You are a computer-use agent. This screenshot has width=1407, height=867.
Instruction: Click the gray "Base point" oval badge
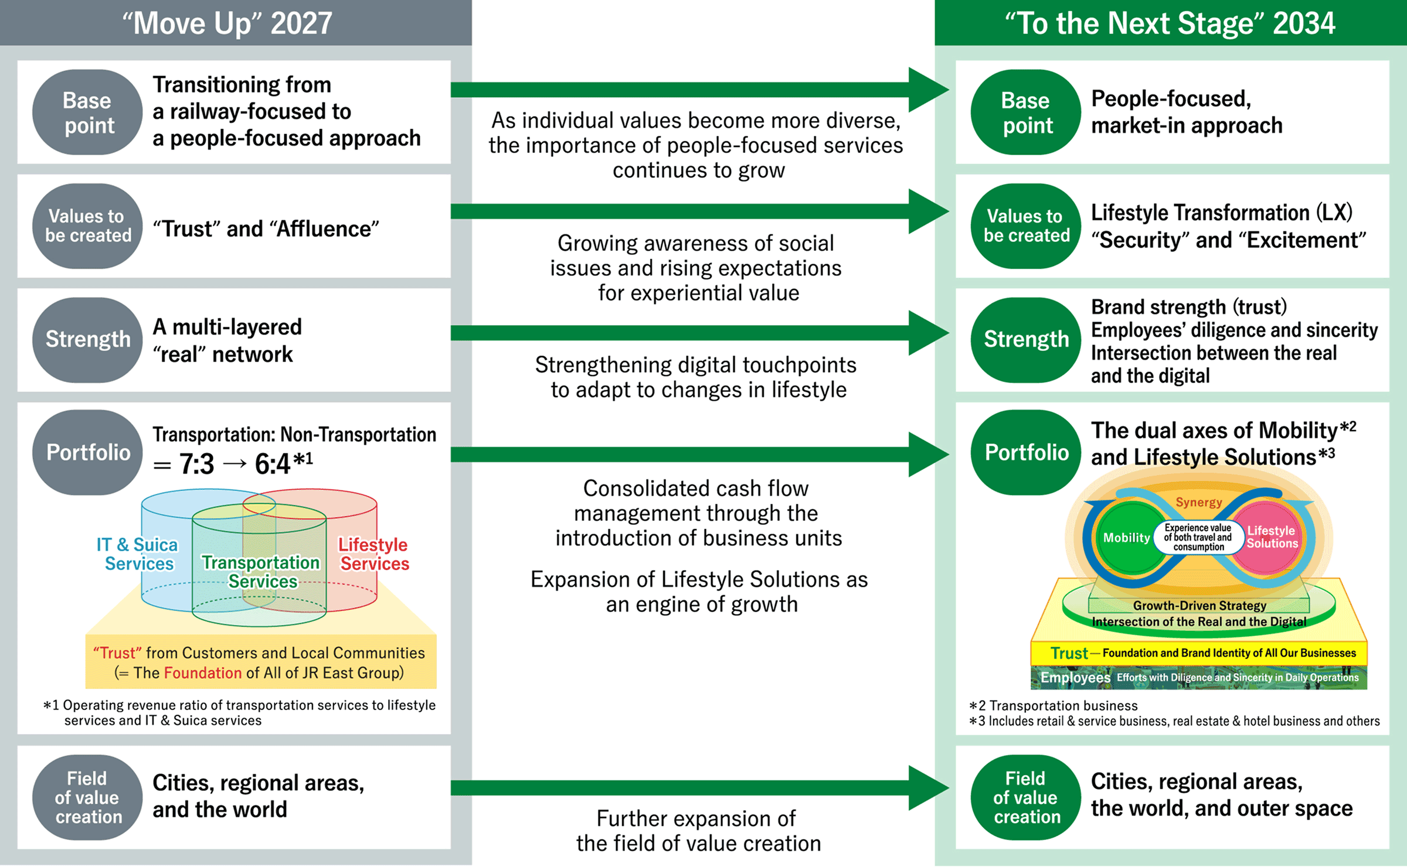(x=87, y=112)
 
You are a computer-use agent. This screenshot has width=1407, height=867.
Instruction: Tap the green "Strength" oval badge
(x=1026, y=340)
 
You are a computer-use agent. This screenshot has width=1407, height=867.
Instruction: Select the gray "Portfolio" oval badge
(x=87, y=452)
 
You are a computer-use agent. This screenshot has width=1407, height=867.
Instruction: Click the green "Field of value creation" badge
(x=1026, y=797)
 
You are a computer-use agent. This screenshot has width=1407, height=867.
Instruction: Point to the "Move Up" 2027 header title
(x=227, y=23)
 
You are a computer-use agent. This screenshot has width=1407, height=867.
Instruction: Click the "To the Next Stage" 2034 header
(x=1170, y=23)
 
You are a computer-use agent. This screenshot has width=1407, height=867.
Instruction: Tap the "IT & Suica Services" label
(x=138, y=554)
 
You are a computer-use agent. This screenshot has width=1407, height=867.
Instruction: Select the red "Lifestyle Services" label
(x=374, y=554)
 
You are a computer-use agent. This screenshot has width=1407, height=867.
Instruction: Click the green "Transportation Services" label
(x=261, y=572)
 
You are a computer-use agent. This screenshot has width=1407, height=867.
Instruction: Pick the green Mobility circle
(x=1127, y=538)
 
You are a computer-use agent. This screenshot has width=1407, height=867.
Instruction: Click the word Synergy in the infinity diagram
(x=1199, y=502)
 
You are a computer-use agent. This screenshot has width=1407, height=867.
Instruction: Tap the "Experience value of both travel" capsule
(x=1198, y=537)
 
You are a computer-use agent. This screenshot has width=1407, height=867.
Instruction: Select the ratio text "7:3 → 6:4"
(x=235, y=464)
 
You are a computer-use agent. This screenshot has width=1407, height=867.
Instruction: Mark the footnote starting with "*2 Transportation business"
(x=1053, y=706)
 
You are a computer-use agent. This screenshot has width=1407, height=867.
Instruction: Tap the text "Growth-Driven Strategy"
(x=1199, y=606)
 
